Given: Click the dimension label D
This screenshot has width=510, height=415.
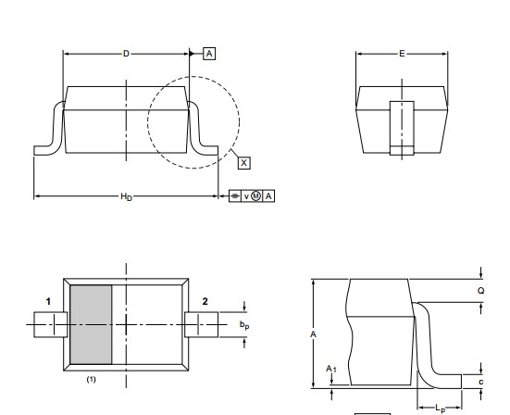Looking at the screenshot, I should (x=127, y=54).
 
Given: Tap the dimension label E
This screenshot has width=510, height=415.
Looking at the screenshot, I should (x=403, y=54).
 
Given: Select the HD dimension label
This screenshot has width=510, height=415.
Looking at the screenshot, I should (x=126, y=196).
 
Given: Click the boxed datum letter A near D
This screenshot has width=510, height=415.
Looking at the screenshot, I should (x=209, y=54).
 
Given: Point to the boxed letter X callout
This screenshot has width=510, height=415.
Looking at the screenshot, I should (x=243, y=162).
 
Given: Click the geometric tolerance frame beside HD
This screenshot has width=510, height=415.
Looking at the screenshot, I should (x=252, y=195).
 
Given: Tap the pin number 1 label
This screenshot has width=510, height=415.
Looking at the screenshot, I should (x=46, y=301).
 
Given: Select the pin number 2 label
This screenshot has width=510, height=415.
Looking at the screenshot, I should (x=205, y=301).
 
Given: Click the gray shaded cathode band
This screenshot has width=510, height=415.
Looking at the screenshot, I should (x=92, y=325).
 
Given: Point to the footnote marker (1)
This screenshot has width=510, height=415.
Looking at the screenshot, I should (x=92, y=380).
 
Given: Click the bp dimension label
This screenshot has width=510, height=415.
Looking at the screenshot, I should (x=243, y=325).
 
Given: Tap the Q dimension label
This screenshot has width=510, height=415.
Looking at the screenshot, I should (x=481, y=289).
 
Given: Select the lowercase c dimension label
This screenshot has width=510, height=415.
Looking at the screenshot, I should (x=480, y=381).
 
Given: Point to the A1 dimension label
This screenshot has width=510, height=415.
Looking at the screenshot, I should (x=330, y=369).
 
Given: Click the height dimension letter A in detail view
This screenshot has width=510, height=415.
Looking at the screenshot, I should (x=315, y=333).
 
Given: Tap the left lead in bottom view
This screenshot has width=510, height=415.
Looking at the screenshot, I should (x=46, y=325).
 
